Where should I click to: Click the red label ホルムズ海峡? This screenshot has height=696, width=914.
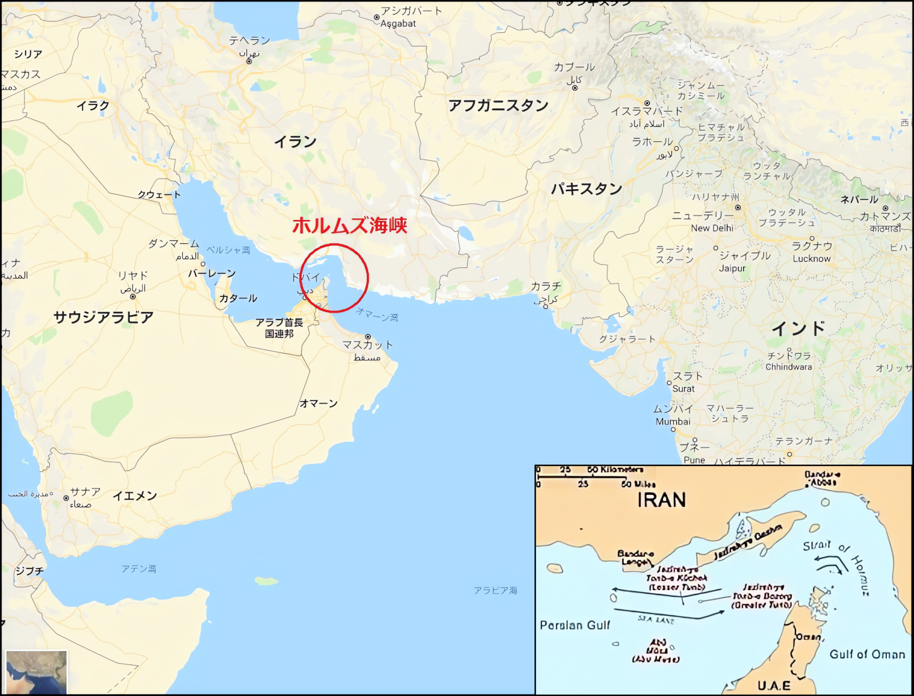click(x=349, y=225)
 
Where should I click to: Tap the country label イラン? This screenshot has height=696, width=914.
click(x=295, y=142)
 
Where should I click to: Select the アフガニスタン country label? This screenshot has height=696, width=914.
click(x=498, y=105)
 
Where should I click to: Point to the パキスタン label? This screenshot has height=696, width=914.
click(x=586, y=188)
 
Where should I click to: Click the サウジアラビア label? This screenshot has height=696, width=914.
click(x=103, y=317)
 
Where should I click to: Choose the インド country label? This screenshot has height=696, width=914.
click(x=798, y=328)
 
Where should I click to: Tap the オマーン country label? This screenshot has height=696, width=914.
click(x=318, y=403)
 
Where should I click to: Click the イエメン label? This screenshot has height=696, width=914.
click(x=134, y=496)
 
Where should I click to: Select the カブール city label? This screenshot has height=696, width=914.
click(x=574, y=67)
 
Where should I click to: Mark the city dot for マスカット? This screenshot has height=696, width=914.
click(x=367, y=337)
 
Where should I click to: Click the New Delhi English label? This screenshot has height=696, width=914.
click(x=712, y=228)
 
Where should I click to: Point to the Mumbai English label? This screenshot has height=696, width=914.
click(x=673, y=422)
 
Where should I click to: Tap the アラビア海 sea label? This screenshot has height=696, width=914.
click(x=495, y=591)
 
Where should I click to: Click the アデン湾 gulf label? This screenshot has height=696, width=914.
click(x=139, y=569)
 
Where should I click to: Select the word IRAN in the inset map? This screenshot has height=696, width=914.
click(x=661, y=500)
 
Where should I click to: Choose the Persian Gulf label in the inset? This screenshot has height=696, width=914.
click(x=575, y=625)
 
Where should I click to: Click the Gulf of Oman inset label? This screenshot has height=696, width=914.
click(x=867, y=654)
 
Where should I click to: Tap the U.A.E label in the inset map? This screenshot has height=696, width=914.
click(x=773, y=686)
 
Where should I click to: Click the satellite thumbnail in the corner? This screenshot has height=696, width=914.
click(x=36, y=673)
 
